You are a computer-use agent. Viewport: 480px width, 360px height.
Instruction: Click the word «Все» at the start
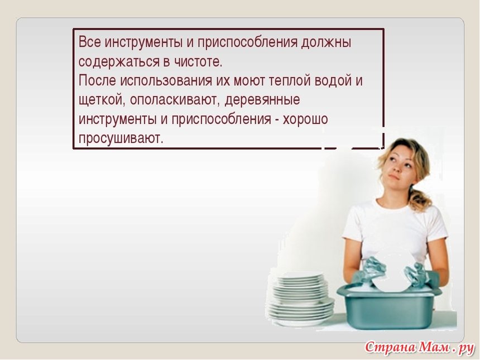[89, 42]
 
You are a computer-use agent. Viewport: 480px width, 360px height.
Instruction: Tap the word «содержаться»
[119, 63]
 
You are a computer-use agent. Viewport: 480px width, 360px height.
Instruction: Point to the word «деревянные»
[262, 100]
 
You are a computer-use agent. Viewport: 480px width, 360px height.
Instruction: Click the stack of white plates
[300, 299]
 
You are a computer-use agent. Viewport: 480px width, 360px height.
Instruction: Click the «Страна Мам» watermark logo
[419, 348]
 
